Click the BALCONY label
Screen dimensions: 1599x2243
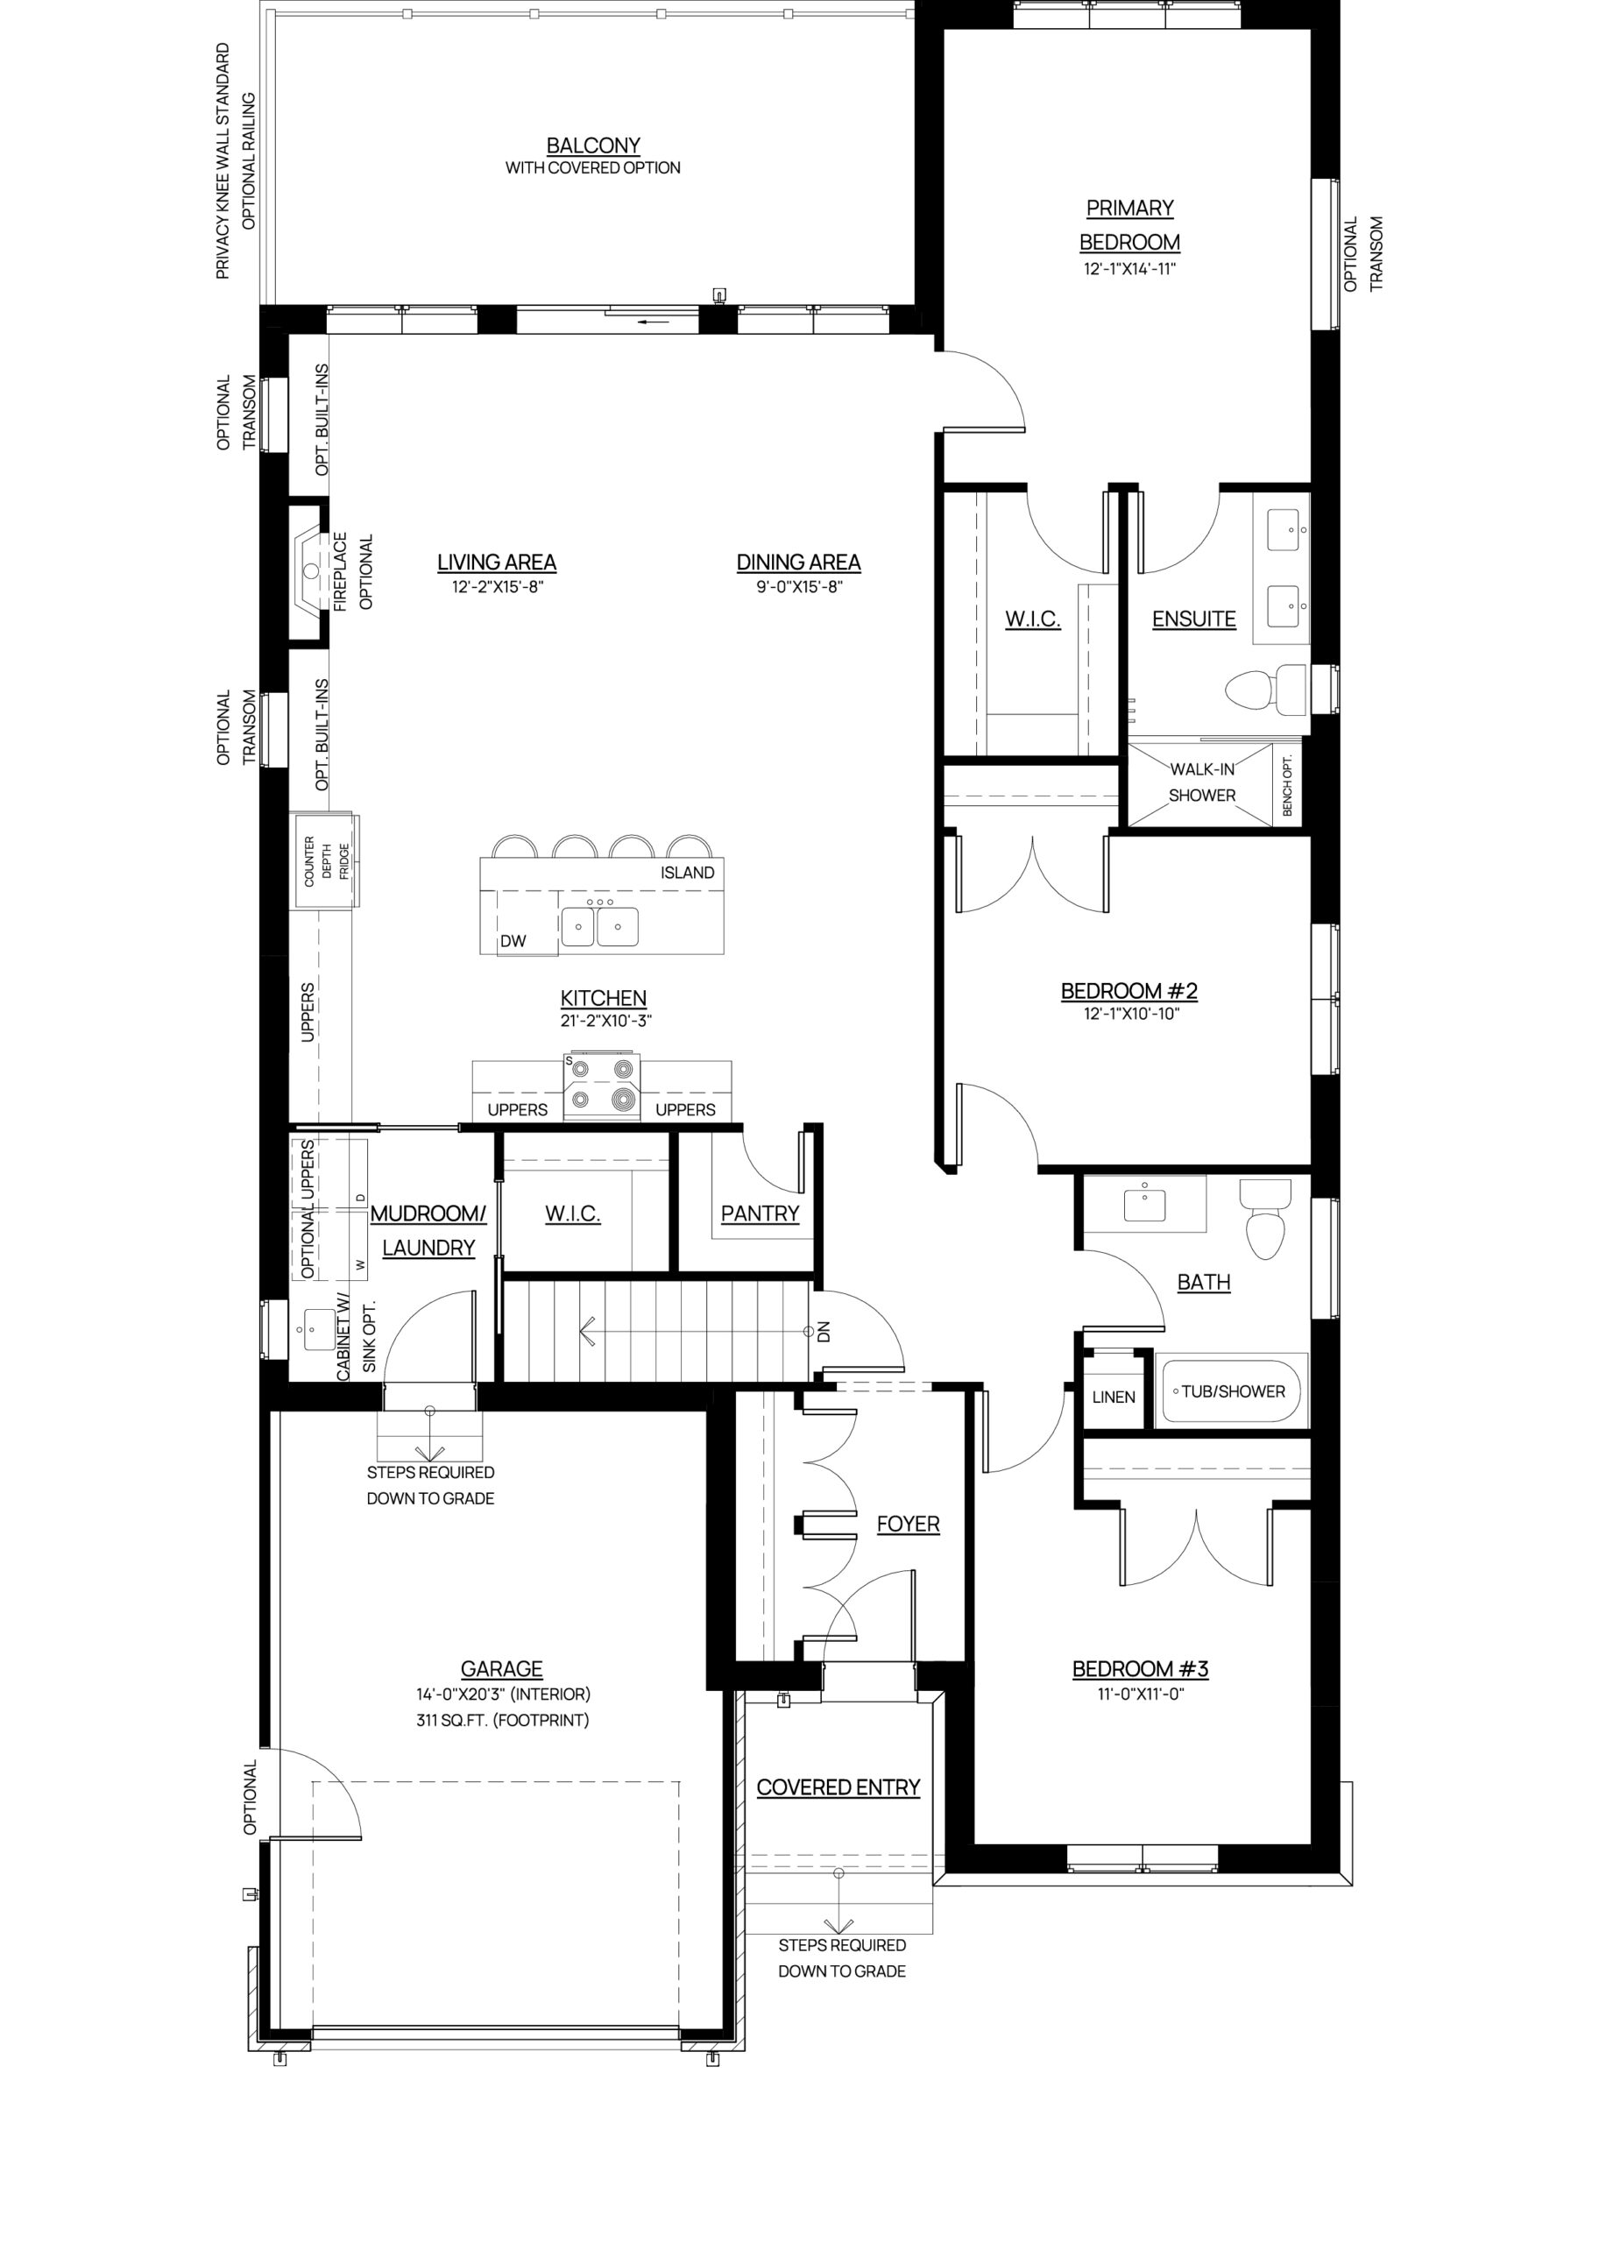[x=593, y=145]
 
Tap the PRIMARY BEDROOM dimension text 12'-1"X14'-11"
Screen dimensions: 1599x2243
[x=1129, y=269]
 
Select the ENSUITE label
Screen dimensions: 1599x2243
[x=1193, y=619]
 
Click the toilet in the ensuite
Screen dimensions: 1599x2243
[x=1265, y=689]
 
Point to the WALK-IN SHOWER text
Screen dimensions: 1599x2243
[x=1201, y=782]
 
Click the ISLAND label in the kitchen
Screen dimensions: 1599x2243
[x=687, y=873]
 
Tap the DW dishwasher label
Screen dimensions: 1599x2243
[x=513, y=941]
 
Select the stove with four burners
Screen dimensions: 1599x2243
[x=602, y=1086]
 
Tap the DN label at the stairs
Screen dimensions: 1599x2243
[x=825, y=1332]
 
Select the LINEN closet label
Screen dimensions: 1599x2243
[x=1114, y=1397]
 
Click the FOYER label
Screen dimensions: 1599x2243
[x=908, y=1525]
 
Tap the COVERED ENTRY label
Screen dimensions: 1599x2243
[x=838, y=1787]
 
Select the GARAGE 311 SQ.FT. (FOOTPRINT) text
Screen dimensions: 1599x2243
[x=502, y=1720]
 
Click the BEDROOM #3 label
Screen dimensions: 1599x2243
[x=1140, y=1669]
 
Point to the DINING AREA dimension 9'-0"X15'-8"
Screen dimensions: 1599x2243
[x=798, y=588]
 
